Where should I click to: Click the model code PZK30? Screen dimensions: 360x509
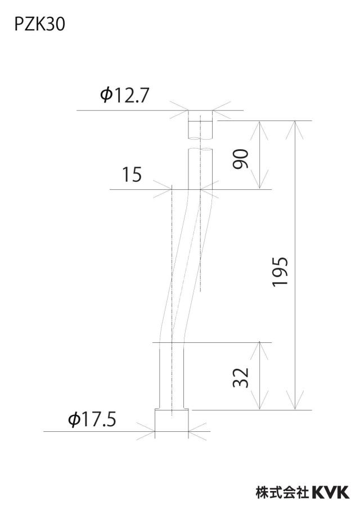coord(39,25)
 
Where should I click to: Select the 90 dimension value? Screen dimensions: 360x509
coord(241,159)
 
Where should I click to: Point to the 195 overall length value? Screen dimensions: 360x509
coord(280,272)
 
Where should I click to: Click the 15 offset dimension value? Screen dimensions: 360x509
coord(132,175)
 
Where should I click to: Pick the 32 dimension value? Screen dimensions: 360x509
coord(241,378)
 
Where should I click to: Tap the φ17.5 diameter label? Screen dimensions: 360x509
coord(92,419)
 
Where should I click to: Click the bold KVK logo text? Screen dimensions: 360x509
coord(331,492)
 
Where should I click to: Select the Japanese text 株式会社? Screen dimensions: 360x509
coord(282,492)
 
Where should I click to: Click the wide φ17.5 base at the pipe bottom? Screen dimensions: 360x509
coord(172,420)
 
